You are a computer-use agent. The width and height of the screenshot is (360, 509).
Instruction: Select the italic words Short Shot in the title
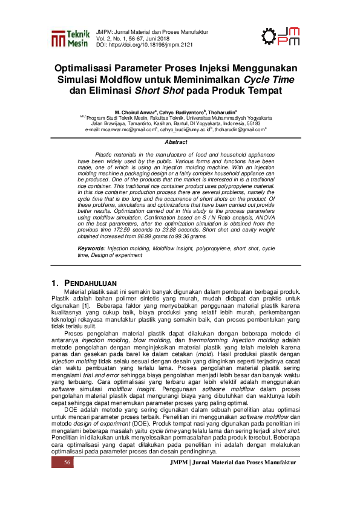(155, 91)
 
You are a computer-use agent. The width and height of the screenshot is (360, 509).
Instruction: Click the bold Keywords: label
(93, 232)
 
